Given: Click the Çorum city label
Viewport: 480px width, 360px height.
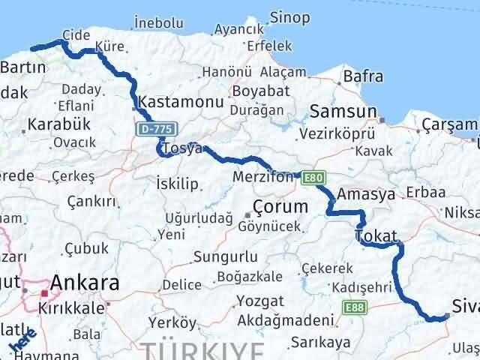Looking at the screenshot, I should point(280,205).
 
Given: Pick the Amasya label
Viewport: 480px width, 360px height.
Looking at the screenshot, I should point(366,193).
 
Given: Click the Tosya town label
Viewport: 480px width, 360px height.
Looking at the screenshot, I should point(183,148).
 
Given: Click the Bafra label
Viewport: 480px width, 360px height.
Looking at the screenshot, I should point(362,76).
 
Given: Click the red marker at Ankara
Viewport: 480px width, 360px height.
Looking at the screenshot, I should point(45,293).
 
